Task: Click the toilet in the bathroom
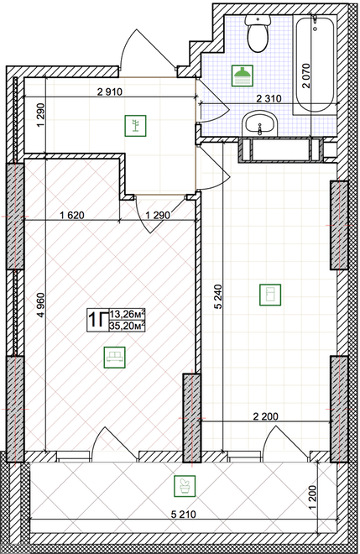(258, 34)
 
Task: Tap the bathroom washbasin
(260, 123)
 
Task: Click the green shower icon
(243, 76)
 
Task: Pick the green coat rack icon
(135, 125)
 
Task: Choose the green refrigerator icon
(270, 295)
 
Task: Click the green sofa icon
(114, 358)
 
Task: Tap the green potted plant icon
(185, 485)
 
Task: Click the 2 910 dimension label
(110, 92)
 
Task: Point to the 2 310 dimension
(269, 98)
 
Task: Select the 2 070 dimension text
(306, 76)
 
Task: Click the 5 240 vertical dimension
(219, 297)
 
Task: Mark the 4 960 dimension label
(41, 306)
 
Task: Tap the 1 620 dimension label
(72, 215)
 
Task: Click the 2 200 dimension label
(266, 416)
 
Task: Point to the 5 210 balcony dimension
(183, 515)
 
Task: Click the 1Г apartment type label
(97, 320)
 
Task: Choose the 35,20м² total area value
(128, 326)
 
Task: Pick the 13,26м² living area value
(128, 314)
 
